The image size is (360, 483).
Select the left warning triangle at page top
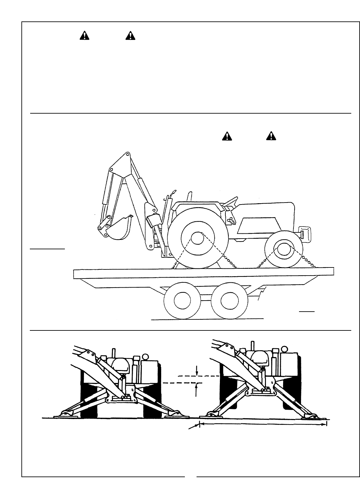pyautogui.click(x=84, y=35)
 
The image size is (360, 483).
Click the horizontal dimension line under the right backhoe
pyautogui.click(x=263, y=424)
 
